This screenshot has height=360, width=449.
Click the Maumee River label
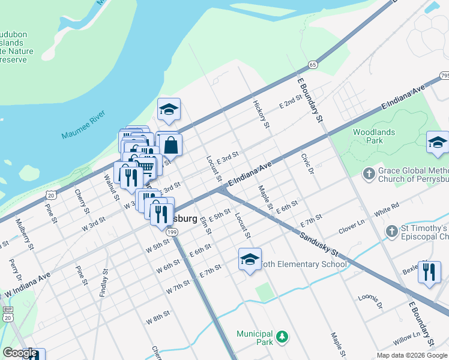pyautogui.click(x=83, y=125)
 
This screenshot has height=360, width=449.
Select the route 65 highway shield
pyautogui.click(x=313, y=64)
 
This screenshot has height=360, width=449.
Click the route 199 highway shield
pyautogui.click(x=172, y=231)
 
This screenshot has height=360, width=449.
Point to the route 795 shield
pyautogui.click(x=444, y=76)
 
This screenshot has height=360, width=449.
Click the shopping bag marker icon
pyautogui.click(x=170, y=145)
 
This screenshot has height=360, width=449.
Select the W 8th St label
pyautogui.click(x=158, y=317)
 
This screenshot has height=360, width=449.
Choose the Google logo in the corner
pyautogui.click(x=20, y=353)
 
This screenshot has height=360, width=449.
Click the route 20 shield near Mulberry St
pyautogui.click(x=51, y=195)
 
